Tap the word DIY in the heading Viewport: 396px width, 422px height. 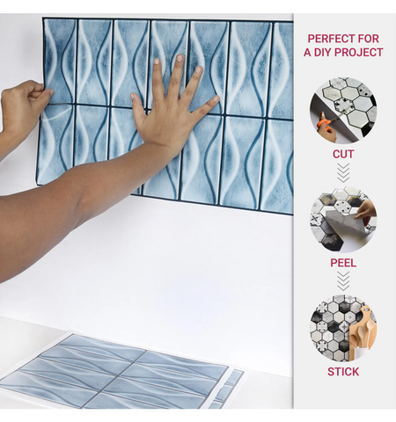point(326,53)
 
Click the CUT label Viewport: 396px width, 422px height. point(343,154)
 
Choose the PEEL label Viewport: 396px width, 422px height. point(343,263)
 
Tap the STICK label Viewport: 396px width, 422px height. point(343,372)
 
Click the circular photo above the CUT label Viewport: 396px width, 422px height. point(343,110)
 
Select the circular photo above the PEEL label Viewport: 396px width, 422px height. point(343,219)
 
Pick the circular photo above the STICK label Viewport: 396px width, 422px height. point(343,328)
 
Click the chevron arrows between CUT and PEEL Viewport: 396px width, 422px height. point(343,173)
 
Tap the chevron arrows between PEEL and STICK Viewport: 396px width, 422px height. point(343,281)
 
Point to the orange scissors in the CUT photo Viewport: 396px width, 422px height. point(326,128)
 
